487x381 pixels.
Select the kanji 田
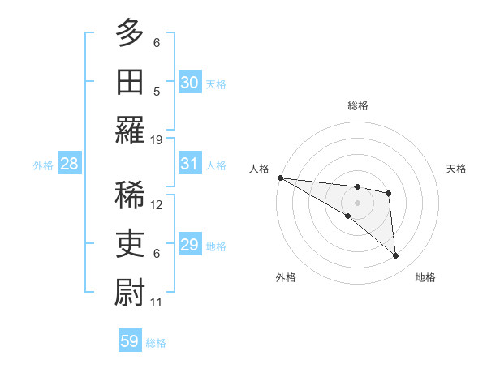point(130,80)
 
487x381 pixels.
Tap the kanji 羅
point(130,129)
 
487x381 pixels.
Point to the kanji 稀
point(130,195)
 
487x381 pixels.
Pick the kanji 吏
point(130,242)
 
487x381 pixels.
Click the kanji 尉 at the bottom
point(130,291)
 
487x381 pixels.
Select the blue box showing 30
point(190,82)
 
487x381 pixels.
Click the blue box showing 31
point(190,164)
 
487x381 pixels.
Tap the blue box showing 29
point(190,245)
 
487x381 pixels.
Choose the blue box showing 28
point(70,164)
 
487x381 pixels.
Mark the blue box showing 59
point(130,341)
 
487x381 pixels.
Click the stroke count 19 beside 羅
point(157,139)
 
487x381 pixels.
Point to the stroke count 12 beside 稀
point(157,205)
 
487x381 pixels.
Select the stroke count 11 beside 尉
point(157,302)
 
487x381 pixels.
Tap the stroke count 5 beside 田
point(157,91)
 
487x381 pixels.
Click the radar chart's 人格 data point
point(280,178)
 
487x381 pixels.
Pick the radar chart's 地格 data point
point(395,255)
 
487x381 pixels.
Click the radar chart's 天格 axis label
point(456,169)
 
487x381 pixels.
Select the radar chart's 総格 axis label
point(357,105)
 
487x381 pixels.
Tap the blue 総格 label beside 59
point(156,343)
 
